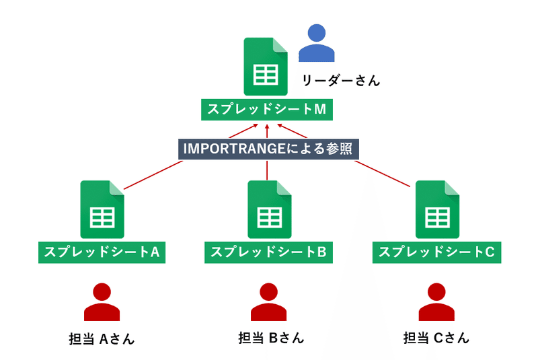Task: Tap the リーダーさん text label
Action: (341, 81)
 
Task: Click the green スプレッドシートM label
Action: (268, 110)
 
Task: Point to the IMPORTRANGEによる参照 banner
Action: (268, 149)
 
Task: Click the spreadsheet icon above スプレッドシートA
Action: (102, 209)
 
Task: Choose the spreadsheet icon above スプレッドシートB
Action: (269, 209)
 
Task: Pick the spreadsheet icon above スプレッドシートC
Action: (437, 209)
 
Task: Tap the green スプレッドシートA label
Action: (102, 252)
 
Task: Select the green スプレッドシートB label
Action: (269, 252)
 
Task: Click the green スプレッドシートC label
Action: (437, 252)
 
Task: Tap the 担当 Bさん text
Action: (268, 337)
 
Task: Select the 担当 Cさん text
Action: (436, 337)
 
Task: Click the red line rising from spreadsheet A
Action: (151, 174)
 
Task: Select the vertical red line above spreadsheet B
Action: (268, 170)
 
